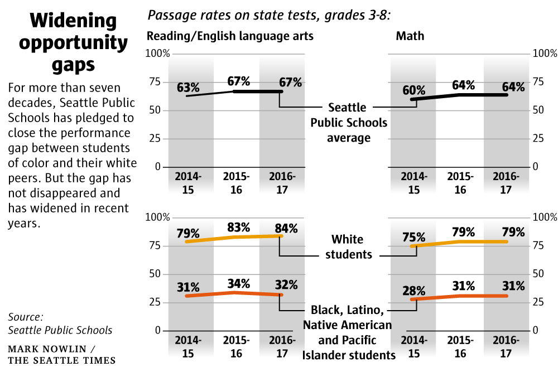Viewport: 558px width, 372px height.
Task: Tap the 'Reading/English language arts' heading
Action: pyautogui.click(x=230, y=36)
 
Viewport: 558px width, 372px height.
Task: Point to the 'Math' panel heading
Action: pyautogui.click(x=410, y=36)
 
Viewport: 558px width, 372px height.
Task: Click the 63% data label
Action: pyautogui.click(x=188, y=88)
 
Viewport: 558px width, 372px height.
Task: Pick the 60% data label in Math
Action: pyautogui.click(x=413, y=90)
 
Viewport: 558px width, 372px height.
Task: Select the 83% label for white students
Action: pyautogui.click(x=238, y=227)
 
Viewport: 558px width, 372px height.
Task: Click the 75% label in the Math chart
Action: pyautogui.click(x=413, y=236)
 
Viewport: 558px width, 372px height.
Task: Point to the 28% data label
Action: pyautogui.click(x=413, y=291)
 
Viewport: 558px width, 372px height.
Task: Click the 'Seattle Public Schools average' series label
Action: pyautogui.click(x=348, y=122)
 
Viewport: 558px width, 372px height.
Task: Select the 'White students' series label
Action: pyautogui.click(x=347, y=247)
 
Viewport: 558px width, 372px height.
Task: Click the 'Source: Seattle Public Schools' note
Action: pyautogui.click(x=60, y=323)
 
